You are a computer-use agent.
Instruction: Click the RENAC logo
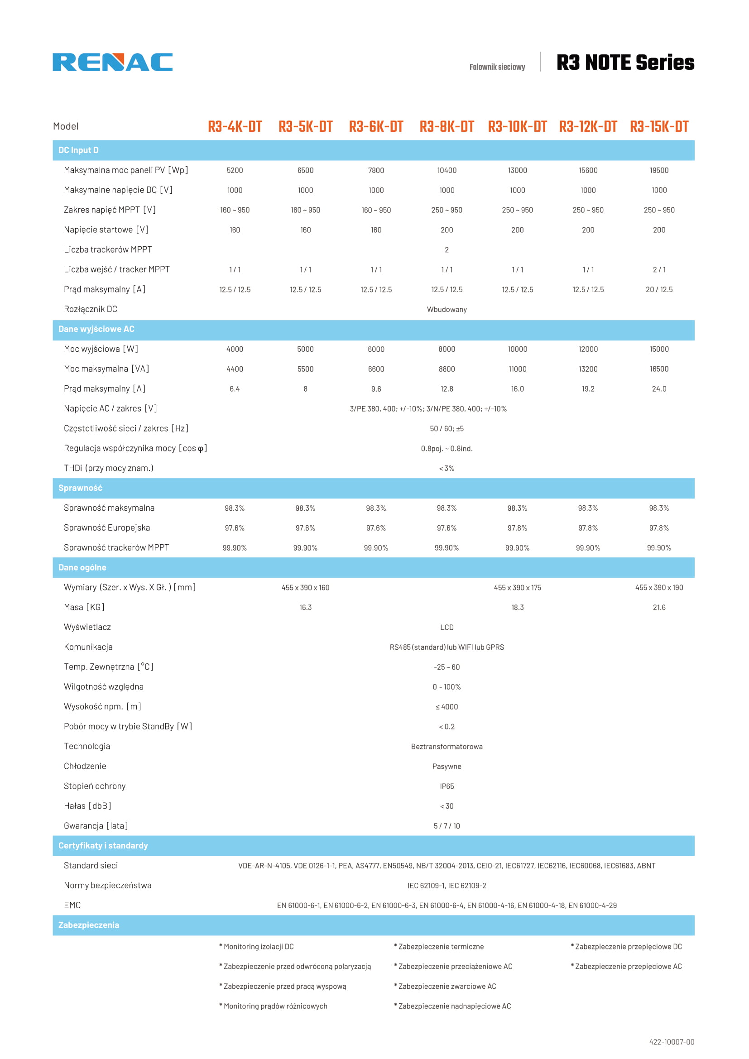click(113, 62)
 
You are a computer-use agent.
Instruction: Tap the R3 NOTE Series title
click(625, 63)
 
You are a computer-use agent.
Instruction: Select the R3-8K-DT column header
click(447, 126)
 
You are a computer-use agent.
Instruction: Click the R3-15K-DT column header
click(659, 126)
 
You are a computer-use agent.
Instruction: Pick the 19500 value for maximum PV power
click(659, 170)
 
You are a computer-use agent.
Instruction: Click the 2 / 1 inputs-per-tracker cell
click(659, 269)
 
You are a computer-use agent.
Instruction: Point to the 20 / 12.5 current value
click(659, 289)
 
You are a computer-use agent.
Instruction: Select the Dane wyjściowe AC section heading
click(96, 329)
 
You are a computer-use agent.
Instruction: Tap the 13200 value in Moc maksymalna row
click(588, 369)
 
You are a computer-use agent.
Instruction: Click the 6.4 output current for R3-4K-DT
click(235, 389)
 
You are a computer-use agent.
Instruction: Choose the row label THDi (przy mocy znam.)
click(108, 468)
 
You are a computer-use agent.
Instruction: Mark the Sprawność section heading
click(80, 488)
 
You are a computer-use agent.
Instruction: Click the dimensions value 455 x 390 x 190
click(659, 588)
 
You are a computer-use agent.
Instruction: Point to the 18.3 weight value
click(518, 608)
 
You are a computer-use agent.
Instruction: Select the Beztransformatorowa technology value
click(447, 746)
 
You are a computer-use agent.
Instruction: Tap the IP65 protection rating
click(447, 786)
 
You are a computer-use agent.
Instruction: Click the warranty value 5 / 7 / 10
click(447, 826)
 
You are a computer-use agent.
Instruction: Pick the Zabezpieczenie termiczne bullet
click(441, 946)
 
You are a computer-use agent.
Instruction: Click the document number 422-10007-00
click(672, 1041)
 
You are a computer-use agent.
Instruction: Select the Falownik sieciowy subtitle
click(497, 67)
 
